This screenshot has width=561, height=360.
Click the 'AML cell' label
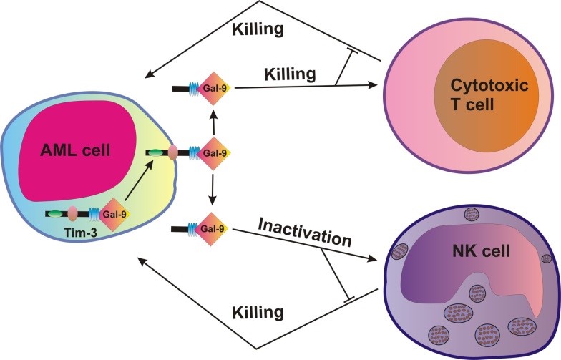(x=76, y=150)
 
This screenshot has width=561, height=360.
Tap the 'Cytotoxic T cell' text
(x=489, y=94)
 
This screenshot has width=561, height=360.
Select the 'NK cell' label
(x=481, y=252)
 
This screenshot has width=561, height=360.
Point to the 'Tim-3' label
(x=81, y=233)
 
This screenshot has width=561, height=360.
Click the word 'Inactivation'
(x=305, y=233)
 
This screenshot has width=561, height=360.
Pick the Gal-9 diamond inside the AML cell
(x=114, y=215)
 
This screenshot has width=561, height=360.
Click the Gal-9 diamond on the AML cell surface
(x=215, y=153)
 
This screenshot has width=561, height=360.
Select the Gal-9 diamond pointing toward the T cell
(x=215, y=88)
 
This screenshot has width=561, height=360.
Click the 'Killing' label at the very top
(x=258, y=29)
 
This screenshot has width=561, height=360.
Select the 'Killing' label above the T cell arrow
(x=290, y=74)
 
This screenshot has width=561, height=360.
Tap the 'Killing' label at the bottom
(x=258, y=312)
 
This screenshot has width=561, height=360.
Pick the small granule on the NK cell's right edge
(x=547, y=258)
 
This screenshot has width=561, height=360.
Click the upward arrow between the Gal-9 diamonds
(x=213, y=122)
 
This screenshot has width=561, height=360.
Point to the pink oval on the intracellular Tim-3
(x=73, y=214)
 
